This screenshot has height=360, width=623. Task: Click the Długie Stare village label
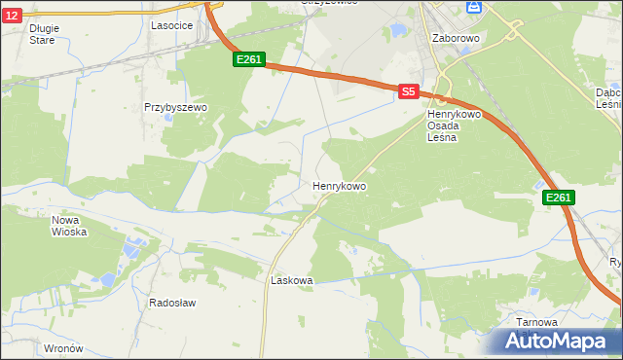tap(43, 34)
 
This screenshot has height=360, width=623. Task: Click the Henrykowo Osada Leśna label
tap(449, 126)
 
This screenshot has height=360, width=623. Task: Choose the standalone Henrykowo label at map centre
tap(339, 184)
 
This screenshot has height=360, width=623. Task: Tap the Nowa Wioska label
tap(69, 226)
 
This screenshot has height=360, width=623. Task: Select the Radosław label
tap(172, 303)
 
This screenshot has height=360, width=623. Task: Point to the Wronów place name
tap(64, 347)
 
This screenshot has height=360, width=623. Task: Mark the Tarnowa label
tap(536, 322)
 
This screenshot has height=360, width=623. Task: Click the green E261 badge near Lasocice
tap(249, 60)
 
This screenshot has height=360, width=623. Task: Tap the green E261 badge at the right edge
tap(559, 198)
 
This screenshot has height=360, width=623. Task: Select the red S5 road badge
tap(409, 91)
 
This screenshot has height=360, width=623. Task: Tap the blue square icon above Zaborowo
tap(474, 7)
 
